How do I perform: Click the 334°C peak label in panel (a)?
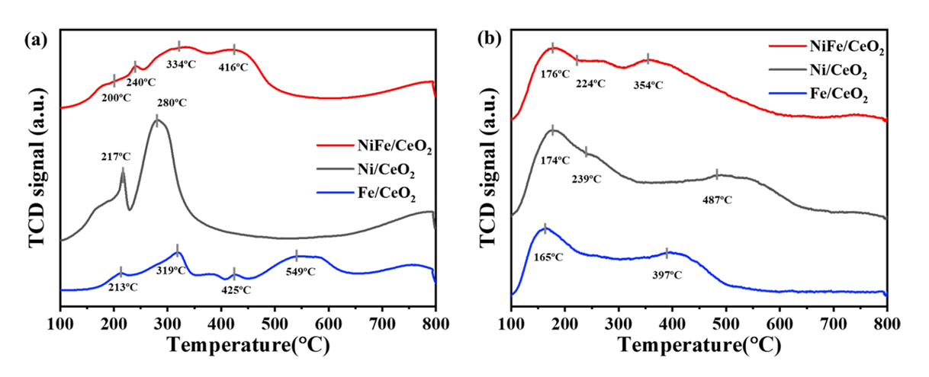[183, 64]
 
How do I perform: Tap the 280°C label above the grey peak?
[172, 102]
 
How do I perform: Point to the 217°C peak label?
[116, 157]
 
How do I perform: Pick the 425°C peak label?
[236, 289]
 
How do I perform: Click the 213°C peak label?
[123, 287]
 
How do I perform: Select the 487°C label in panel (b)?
[716, 200]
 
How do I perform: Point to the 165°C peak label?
[547, 257]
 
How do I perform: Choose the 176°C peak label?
[555, 74]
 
